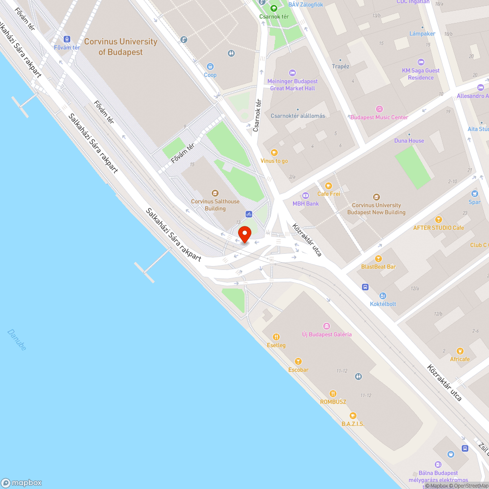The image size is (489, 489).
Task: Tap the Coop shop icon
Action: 210,67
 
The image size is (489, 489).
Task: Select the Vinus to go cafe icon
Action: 274,153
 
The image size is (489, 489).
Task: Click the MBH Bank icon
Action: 306,196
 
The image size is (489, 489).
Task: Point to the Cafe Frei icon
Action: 328,186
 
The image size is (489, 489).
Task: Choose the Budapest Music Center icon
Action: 379,109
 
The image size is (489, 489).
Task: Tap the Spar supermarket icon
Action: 474,194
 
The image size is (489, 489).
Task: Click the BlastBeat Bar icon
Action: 378,258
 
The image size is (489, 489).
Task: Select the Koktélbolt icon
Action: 383,296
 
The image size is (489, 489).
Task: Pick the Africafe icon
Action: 460,351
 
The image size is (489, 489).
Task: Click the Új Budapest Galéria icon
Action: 327,326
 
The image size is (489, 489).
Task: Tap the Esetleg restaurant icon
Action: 276,337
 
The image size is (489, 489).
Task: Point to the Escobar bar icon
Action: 298,361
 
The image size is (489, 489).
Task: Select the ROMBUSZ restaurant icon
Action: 333,394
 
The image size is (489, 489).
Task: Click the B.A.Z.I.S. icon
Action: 353,416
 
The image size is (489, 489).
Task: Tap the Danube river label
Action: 17,340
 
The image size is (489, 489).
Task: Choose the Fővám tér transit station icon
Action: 67,39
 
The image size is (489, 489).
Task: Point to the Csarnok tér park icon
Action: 274,8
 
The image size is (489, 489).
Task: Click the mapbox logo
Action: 22,482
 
